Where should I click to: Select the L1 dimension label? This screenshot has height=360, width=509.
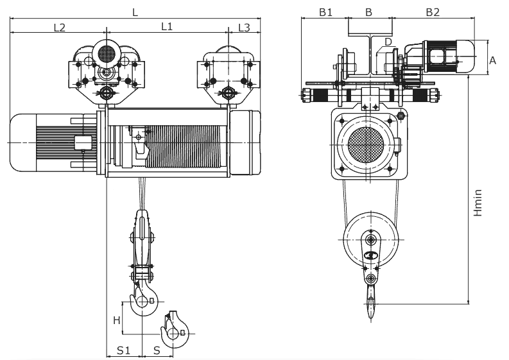pyautogui.click(x=167, y=27)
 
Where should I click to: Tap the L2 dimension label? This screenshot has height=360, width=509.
pyautogui.click(x=59, y=27)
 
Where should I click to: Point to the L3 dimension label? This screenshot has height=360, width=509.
pyautogui.click(x=245, y=27)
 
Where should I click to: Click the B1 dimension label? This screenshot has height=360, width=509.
pyautogui.click(x=325, y=12)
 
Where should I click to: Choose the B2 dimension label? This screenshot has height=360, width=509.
pyautogui.click(x=432, y=12)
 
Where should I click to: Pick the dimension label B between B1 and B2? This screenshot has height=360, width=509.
pyautogui.click(x=368, y=12)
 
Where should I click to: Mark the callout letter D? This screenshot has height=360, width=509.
pyautogui.click(x=388, y=42)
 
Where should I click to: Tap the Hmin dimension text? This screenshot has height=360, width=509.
pyautogui.click(x=478, y=201)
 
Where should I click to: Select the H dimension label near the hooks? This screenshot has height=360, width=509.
pyautogui.click(x=117, y=320)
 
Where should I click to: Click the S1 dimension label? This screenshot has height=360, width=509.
pyautogui.click(x=123, y=350)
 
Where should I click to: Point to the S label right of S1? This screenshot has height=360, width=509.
pyautogui.click(x=157, y=350)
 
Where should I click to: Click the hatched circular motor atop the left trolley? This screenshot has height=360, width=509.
pyautogui.click(x=107, y=53)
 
